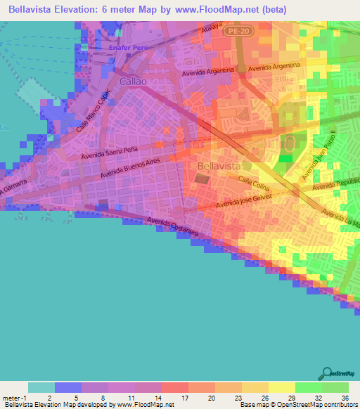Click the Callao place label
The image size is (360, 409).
(x=112, y=82)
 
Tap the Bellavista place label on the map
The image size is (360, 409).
(x=219, y=166)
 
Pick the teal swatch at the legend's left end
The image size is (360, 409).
(x=41, y=387)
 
